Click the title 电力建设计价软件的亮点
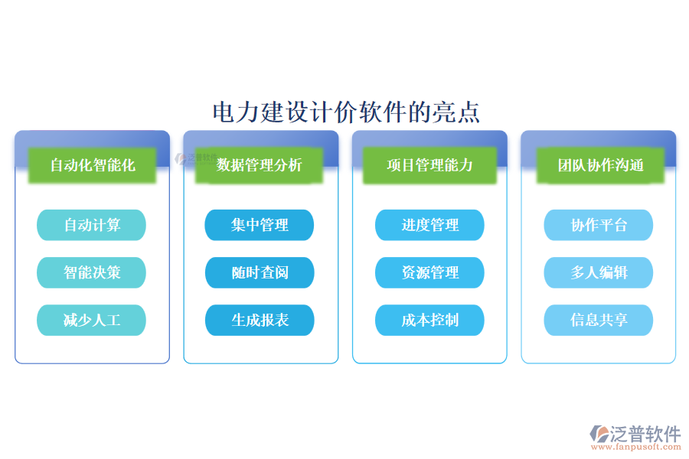coord(346,112)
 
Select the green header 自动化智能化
coord(92,164)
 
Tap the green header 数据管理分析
coord(260,164)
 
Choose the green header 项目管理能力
coord(429,164)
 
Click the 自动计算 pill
coord(92,225)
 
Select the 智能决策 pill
coord(92,272)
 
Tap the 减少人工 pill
coord(92,320)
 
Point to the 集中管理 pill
coord(260,225)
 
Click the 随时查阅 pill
coord(260,272)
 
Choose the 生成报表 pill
coord(260,320)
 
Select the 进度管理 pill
coord(429,225)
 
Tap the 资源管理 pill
coord(429,272)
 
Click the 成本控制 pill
coord(429,320)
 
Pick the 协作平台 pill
coord(599,225)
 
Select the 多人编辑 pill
coord(599,272)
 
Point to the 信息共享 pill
coord(599,320)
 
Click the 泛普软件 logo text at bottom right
coord(645,434)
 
